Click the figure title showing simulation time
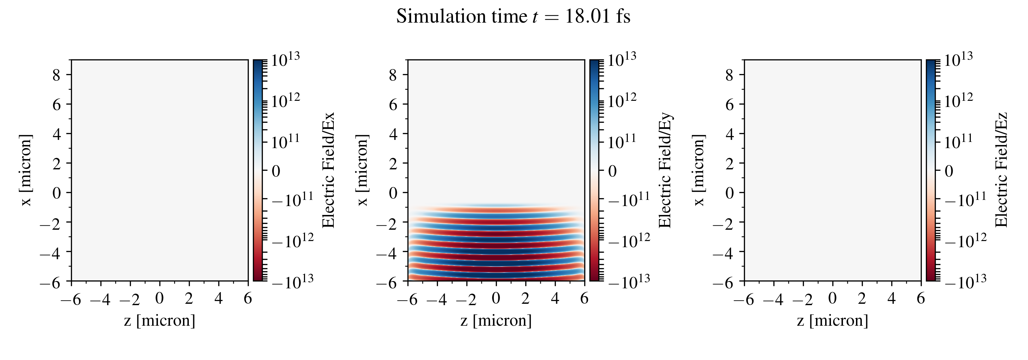point(513,17)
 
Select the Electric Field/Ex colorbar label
point(328,170)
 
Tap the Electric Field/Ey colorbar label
point(665,170)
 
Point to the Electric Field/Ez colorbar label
point(1001,170)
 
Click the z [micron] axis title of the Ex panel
point(160,321)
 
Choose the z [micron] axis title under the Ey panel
point(496,321)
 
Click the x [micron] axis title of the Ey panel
point(362,170)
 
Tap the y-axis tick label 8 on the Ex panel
point(56,75)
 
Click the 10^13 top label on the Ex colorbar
point(285,60)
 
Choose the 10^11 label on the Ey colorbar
point(622,141)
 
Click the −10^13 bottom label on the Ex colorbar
point(293,282)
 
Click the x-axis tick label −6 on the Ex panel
point(71,299)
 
